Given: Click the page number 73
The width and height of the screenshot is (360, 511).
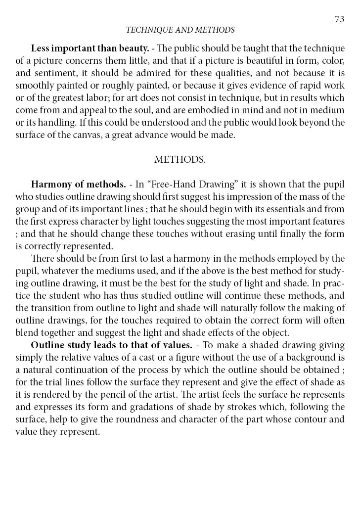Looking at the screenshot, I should tap(339, 19).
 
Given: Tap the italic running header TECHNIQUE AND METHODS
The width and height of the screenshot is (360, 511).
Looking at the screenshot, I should tap(180, 30).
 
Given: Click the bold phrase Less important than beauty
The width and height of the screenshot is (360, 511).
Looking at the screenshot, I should tap(90, 48).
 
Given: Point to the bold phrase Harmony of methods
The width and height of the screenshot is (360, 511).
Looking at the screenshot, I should tap(78, 185).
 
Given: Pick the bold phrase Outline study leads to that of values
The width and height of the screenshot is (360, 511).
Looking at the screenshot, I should tap(112, 345).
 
